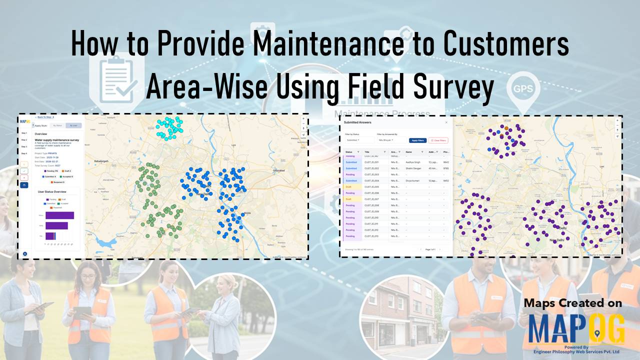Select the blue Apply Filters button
[417, 140]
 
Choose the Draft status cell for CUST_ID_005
[348, 186]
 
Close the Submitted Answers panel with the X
[446, 122]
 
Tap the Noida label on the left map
[247, 212]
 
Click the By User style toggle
[73, 125]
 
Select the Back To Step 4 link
[46, 117]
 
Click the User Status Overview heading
[55, 191]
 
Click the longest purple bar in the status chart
[59, 215]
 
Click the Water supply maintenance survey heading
[56, 140]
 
